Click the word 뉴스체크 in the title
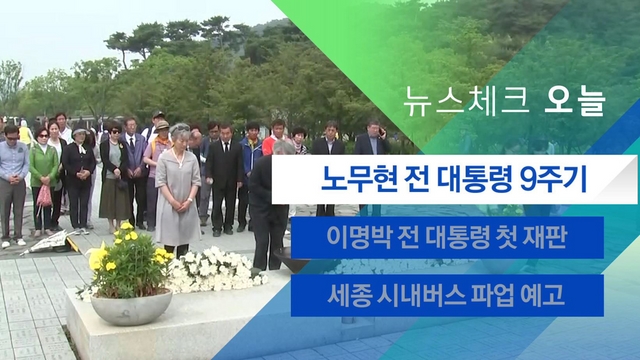[x=466, y=101]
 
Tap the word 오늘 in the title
[x=575, y=101]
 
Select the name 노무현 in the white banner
[x=358, y=179]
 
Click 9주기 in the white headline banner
[x=553, y=179]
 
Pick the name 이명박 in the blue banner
[x=356, y=238]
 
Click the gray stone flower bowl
[x=131, y=307]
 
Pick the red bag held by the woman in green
[x=44, y=197]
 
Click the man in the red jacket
[x=276, y=138]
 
